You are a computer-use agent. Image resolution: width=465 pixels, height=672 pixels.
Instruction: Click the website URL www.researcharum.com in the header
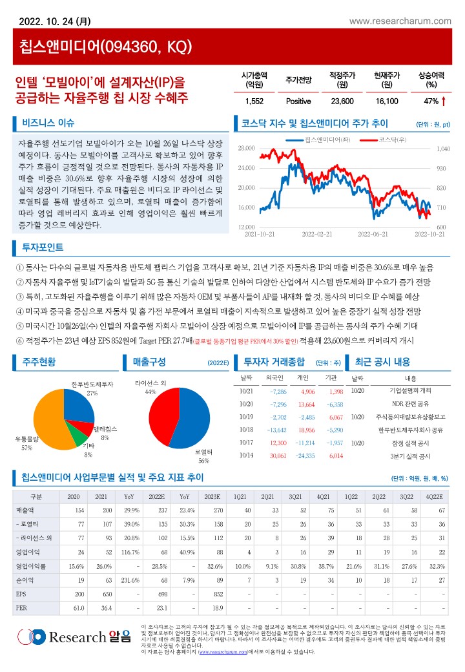click(400, 21)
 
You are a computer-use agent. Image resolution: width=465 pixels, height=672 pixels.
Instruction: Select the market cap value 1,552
click(254, 101)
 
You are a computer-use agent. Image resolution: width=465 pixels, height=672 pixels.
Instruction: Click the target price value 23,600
click(342, 101)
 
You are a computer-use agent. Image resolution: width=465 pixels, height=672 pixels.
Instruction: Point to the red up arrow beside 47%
click(444, 101)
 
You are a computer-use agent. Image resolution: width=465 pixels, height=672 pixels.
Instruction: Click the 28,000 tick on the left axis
click(247, 149)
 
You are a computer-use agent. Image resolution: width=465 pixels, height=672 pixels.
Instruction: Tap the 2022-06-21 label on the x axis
click(372, 234)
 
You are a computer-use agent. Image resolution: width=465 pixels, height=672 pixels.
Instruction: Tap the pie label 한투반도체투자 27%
click(92, 388)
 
